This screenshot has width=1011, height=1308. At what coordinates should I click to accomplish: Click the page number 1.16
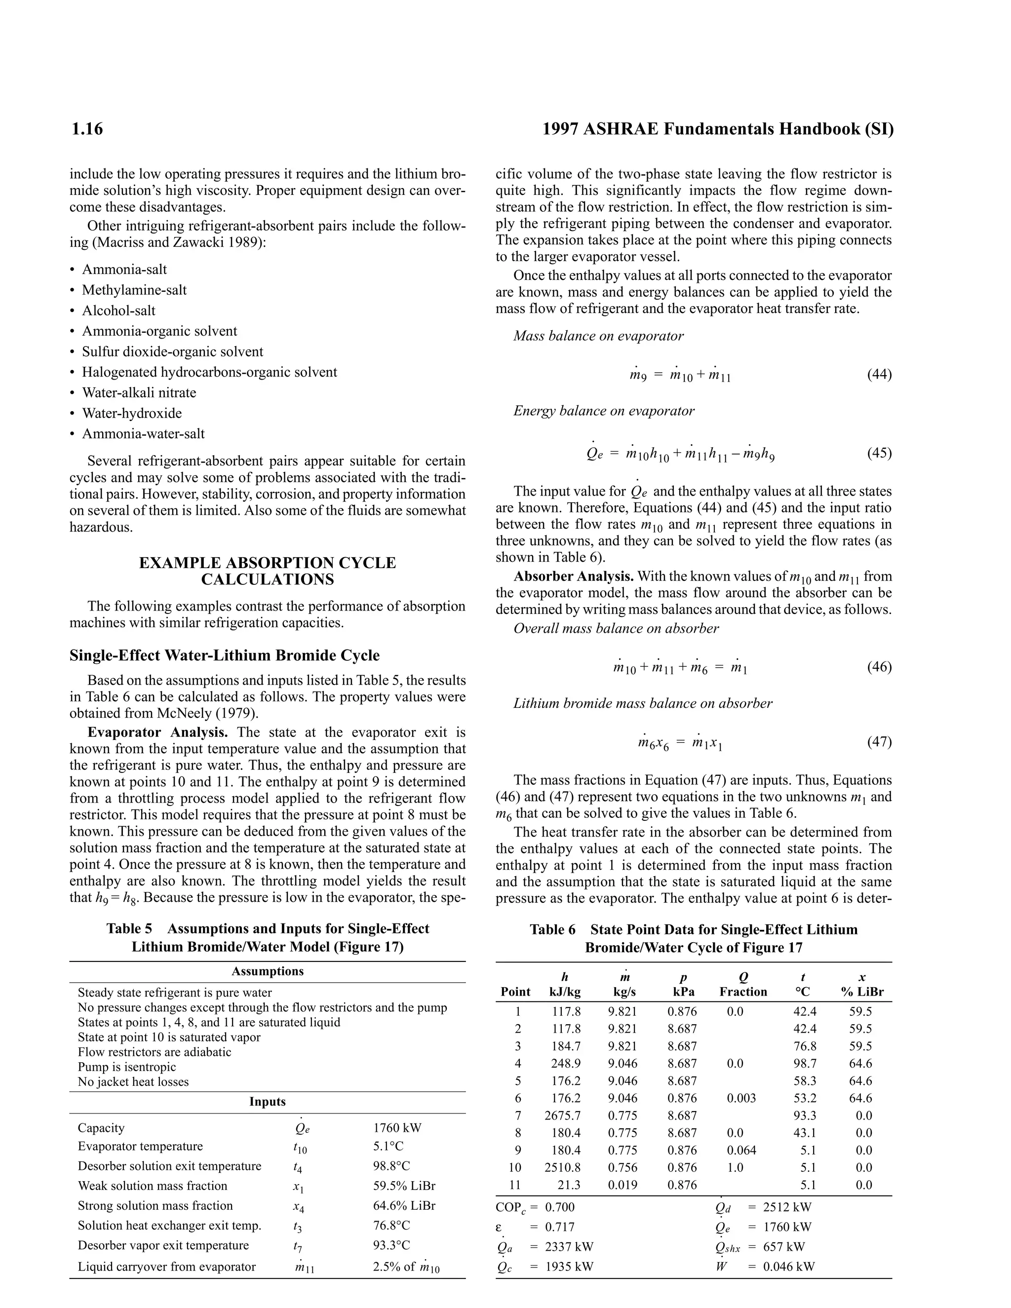(87, 129)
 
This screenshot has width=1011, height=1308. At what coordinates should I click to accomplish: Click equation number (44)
(879, 375)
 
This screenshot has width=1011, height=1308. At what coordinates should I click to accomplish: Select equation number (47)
(879, 742)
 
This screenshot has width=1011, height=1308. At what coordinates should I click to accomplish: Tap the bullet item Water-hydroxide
(132, 413)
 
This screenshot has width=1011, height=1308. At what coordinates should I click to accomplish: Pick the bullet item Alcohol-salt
(118, 311)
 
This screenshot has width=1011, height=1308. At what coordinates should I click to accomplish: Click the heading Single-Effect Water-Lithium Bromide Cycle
(224, 655)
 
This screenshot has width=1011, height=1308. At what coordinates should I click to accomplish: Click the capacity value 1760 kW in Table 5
(397, 1128)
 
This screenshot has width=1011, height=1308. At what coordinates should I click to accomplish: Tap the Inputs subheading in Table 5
(267, 1102)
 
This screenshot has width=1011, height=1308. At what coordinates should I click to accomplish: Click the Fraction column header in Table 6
(742, 992)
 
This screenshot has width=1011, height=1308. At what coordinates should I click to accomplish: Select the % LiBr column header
(862, 992)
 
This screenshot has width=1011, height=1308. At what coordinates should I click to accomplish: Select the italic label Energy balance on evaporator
(604, 411)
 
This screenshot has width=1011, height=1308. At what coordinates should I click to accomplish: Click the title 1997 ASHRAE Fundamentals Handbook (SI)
(717, 129)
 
